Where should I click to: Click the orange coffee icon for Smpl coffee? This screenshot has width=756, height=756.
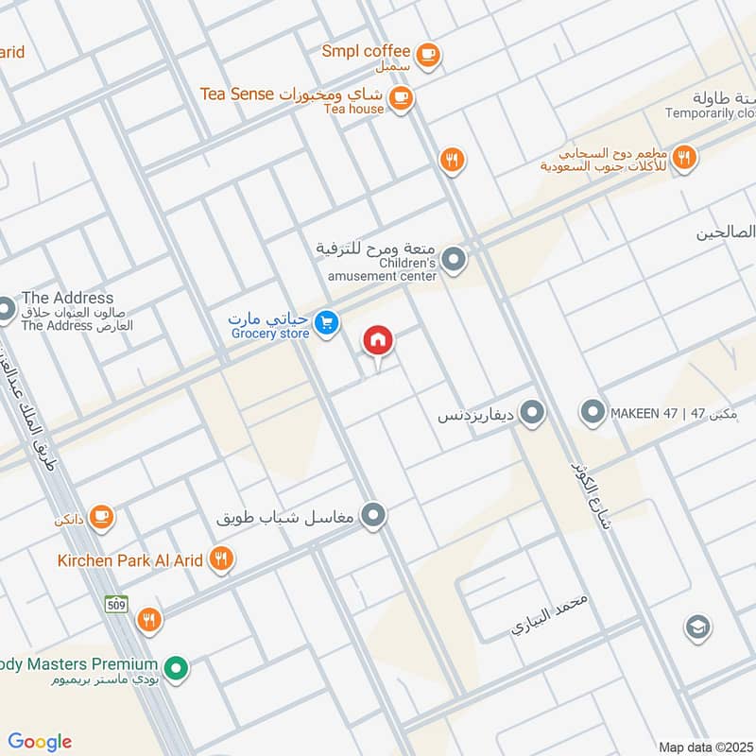(428, 54)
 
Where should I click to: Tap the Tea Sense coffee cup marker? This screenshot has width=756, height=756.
(401, 98)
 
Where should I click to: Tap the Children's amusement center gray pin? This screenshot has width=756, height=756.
(455, 258)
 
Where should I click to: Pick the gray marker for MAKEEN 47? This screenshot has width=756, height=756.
(593, 413)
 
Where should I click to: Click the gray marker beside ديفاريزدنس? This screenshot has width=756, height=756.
(532, 413)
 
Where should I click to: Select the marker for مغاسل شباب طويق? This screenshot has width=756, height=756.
(375, 515)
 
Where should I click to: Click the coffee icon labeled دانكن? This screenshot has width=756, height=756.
(102, 517)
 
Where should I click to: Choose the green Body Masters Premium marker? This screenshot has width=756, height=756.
(175, 669)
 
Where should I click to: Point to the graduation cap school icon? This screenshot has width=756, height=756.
(697, 627)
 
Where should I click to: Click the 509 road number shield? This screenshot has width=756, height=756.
(116, 606)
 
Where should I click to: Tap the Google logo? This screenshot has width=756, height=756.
(40, 742)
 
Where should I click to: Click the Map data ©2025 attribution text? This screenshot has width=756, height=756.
(705, 747)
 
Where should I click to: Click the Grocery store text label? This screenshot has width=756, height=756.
(270, 334)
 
